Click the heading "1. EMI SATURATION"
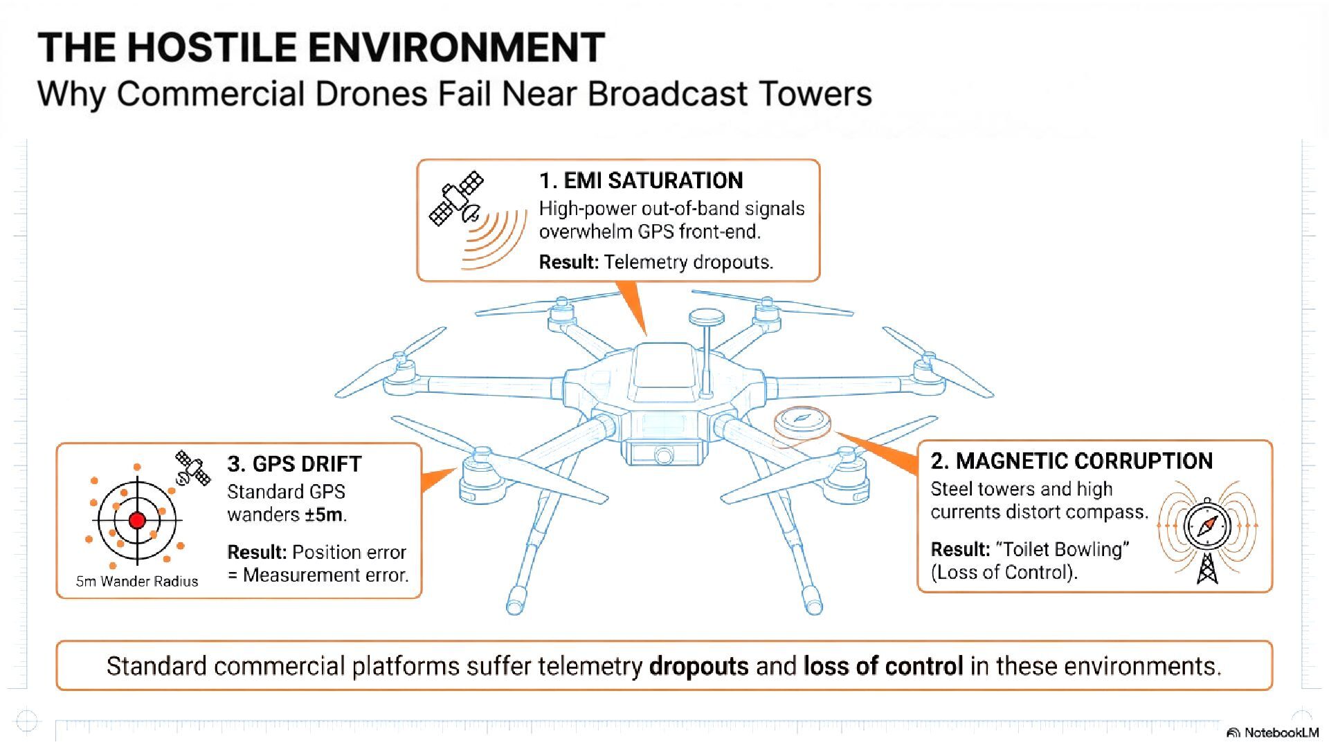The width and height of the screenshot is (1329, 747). (x=640, y=181)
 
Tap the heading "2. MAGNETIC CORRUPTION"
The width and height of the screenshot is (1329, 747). (x=1072, y=461)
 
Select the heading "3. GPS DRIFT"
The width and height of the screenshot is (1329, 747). (x=294, y=463)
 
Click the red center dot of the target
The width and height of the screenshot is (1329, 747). (x=137, y=520)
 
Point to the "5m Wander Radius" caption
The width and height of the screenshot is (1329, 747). (x=137, y=581)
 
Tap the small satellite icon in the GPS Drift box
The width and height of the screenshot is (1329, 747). (x=192, y=468)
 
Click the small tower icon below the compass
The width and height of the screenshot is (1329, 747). (x=1207, y=568)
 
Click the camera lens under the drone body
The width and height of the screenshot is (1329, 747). (x=663, y=455)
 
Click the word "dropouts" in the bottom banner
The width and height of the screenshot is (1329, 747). (x=699, y=666)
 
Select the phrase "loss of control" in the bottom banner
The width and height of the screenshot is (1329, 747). (x=883, y=666)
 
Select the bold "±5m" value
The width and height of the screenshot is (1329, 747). (x=323, y=515)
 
